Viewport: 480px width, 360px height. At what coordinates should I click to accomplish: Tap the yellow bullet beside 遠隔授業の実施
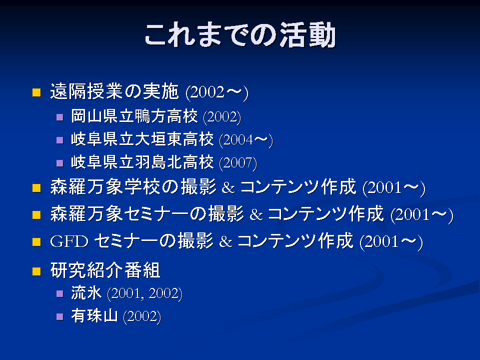(36, 92)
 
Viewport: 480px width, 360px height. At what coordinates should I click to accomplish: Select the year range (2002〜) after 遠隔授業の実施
(217, 92)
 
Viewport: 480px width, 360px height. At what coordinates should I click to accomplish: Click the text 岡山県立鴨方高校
(134, 116)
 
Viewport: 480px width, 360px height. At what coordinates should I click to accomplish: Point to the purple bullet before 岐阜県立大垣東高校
(60, 140)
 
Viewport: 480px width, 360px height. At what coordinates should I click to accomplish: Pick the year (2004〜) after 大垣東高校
(246, 140)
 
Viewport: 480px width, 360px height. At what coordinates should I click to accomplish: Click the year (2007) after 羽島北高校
(238, 163)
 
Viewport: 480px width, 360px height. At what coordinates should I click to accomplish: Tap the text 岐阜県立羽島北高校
(142, 162)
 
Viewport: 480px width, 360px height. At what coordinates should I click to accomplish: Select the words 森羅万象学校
(105, 186)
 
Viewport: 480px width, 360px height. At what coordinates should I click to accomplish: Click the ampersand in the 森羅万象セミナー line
(256, 214)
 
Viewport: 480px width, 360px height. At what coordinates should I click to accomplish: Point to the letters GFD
(69, 241)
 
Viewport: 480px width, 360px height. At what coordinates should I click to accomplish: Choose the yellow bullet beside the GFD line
(36, 242)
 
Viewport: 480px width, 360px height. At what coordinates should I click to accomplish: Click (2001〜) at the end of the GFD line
(391, 242)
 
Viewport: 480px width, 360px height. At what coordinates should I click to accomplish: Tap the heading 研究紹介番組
(105, 270)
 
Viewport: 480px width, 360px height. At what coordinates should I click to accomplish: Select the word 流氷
(86, 292)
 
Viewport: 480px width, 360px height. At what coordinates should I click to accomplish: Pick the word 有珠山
(94, 315)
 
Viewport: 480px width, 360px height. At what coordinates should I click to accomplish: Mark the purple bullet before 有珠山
(60, 316)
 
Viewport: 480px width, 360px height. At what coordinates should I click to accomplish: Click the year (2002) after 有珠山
(142, 316)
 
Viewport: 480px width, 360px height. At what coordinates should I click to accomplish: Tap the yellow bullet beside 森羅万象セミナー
(36, 215)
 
